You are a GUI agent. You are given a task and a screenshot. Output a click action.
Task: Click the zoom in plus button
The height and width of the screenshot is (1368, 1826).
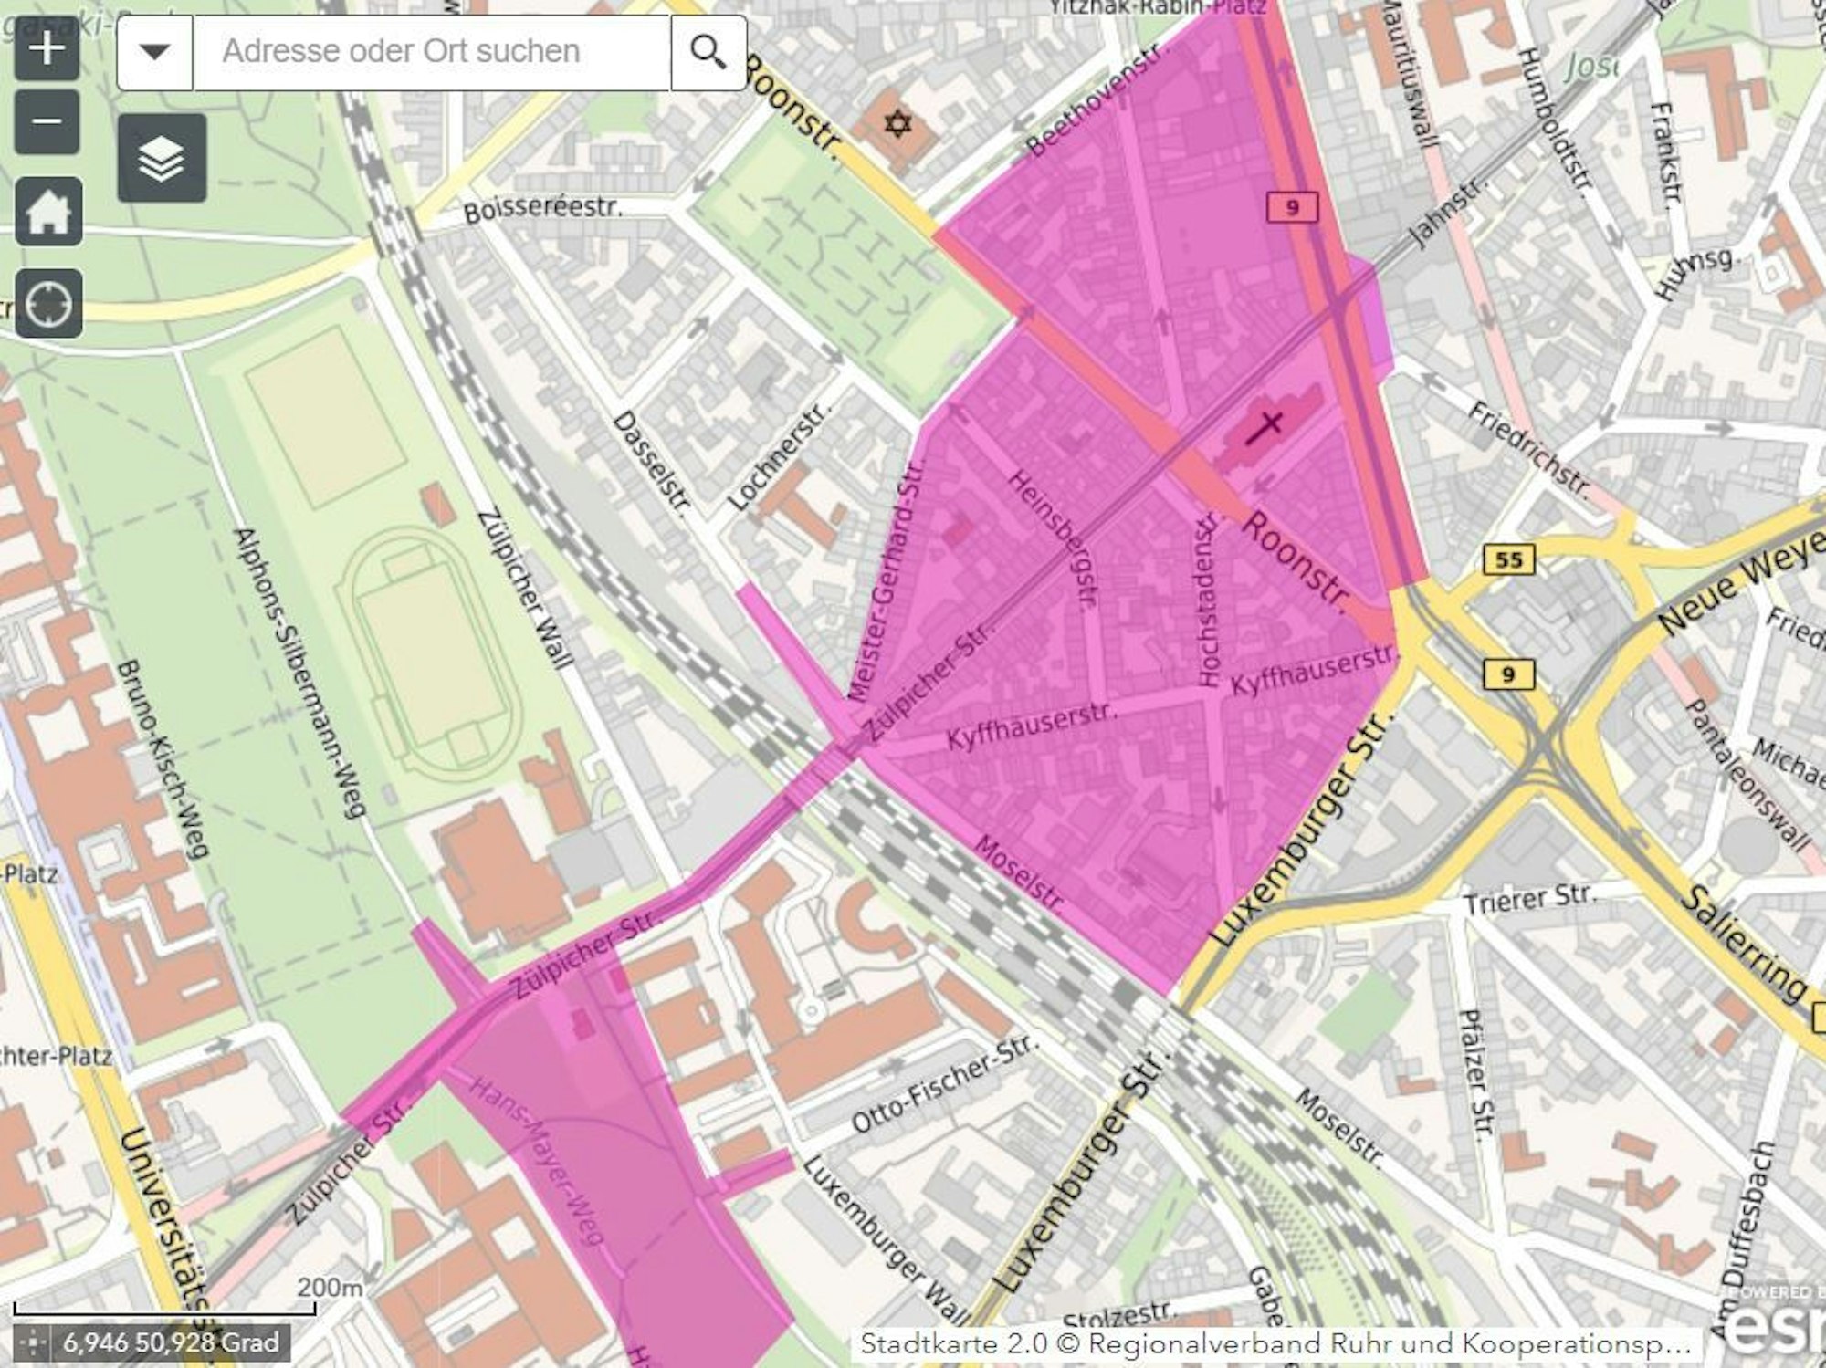pos(47,47)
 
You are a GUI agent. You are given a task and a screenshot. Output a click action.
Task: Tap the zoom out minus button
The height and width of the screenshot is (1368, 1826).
pos(47,121)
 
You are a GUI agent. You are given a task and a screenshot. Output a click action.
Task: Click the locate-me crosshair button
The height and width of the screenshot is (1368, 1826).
pos(48,303)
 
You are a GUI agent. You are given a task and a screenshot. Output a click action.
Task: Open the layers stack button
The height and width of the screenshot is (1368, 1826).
pos(162,159)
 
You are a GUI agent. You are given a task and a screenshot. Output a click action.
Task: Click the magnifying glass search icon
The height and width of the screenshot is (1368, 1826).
pos(708,52)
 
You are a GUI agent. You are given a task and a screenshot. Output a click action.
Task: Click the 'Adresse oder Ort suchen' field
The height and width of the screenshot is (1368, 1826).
pos(429,52)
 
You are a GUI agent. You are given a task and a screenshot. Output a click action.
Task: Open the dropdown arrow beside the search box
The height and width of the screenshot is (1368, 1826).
pos(155,52)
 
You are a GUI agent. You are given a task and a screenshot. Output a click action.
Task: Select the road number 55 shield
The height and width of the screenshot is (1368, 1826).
pos(1508,559)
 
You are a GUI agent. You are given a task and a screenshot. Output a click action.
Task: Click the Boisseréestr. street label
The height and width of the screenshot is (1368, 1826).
pos(543,209)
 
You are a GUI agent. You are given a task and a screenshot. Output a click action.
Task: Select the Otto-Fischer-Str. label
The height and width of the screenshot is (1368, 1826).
pos(944,1084)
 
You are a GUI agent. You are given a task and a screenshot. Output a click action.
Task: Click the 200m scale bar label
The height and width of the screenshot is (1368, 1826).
pos(330,1287)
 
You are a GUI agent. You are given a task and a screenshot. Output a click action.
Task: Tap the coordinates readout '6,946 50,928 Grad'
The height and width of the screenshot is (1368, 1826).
pos(170,1342)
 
